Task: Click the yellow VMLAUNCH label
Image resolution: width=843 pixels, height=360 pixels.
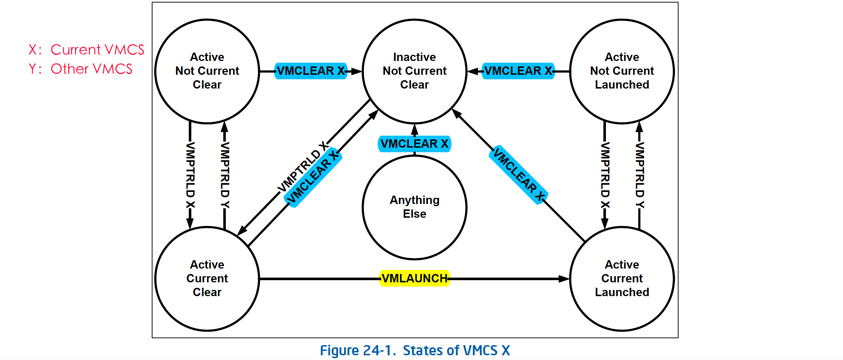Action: click(415, 278)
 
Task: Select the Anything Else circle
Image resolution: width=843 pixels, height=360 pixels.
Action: click(415, 207)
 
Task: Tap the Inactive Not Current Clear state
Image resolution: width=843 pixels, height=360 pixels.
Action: click(415, 71)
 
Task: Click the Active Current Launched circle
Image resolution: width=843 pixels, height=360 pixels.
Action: click(622, 279)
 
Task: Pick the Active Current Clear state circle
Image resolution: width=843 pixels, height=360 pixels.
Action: click(207, 279)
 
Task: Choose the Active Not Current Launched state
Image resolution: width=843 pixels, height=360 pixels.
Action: click(622, 71)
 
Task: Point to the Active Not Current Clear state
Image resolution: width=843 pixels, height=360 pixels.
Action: click(207, 71)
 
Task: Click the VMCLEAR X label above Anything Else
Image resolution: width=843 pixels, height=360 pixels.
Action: click(414, 144)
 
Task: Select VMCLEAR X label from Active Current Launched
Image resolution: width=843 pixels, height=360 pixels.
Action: click(519, 175)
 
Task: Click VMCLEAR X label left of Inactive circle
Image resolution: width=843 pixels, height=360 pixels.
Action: click(311, 71)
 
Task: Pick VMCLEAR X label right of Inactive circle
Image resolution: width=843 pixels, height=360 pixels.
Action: click(518, 71)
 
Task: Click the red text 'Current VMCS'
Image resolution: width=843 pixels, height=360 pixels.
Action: click(97, 50)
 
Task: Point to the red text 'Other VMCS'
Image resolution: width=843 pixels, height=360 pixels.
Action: click(91, 69)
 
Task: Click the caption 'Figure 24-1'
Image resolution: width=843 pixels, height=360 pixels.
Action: click(357, 351)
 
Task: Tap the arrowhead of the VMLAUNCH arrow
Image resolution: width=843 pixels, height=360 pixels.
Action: click(565, 279)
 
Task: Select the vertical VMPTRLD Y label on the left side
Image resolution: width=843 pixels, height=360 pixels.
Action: click(225, 175)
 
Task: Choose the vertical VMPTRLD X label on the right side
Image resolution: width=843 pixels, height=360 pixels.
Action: click(605, 175)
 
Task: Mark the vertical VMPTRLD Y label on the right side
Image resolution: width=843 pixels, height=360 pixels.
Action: click(640, 175)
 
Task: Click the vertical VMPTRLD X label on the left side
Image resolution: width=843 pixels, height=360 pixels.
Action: click(190, 175)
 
